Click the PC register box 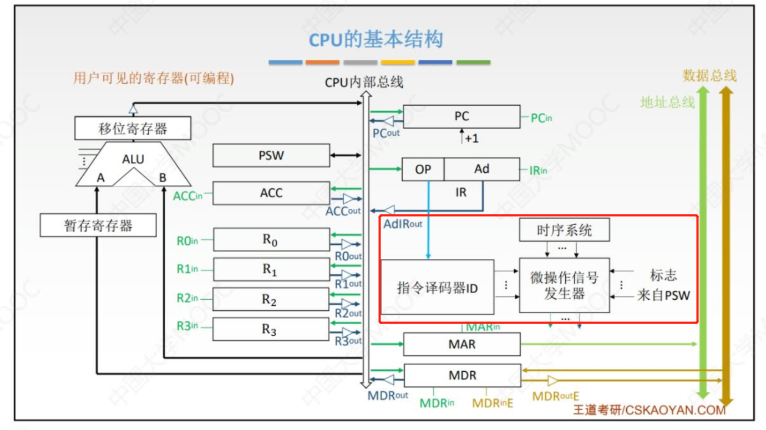pos(461,116)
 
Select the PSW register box pos(271,155)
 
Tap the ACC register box pos(271,193)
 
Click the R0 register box pos(271,239)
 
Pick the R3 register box pos(271,329)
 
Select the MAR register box pos(461,344)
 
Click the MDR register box pos(462,375)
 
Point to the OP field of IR pos(423,170)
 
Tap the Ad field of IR pos(481,169)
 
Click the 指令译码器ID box pos(437,287)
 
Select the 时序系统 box pos(564,230)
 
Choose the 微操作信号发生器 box pos(564,285)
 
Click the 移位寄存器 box pos(133,129)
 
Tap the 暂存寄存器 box pos(98,226)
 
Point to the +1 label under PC pos(471,139)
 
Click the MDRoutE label pos(555,396)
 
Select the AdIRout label pos(403,224)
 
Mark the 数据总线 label pos(709,75)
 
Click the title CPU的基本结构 pos(376,40)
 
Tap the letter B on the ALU pos(163,178)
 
